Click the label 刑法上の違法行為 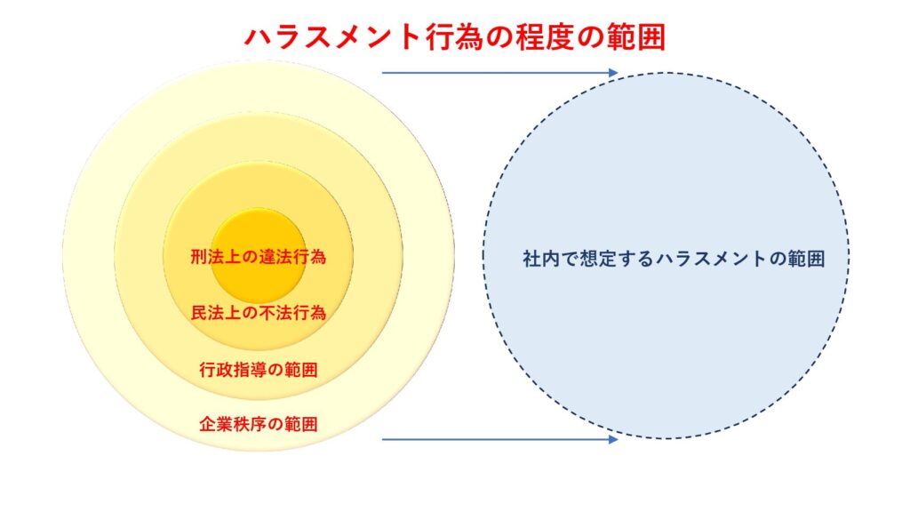pyautogui.click(x=259, y=257)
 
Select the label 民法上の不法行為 pyautogui.click(x=259, y=313)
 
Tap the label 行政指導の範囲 pyautogui.click(x=259, y=369)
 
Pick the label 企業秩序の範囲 pyautogui.click(x=259, y=424)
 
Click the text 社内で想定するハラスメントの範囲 pyautogui.click(x=674, y=259)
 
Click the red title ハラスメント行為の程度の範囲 pyautogui.click(x=455, y=37)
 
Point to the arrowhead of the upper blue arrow pyautogui.click(x=613, y=73)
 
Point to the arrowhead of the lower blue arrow pyautogui.click(x=613, y=439)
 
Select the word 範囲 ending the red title pyautogui.click(x=636, y=37)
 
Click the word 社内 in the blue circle pyautogui.click(x=541, y=259)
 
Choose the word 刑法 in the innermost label pyautogui.click(x=207, y=257)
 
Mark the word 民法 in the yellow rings pyautogui.click(x=207, y=313)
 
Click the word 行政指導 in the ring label pyautogui.click(x=233, y=369)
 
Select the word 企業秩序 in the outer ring pyautogui.click(x=233, y=424)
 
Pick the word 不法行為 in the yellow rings pyautogui.click(x=292, y=313)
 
